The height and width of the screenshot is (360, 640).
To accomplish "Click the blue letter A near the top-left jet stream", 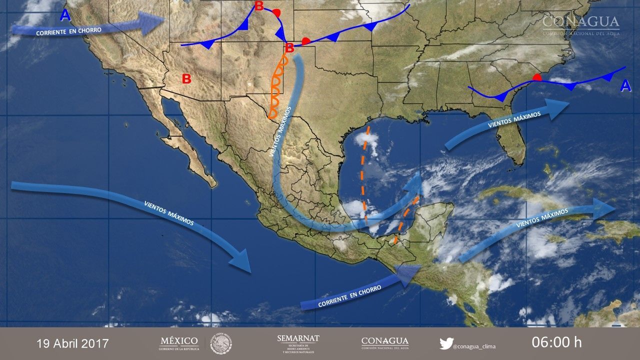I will pyautogui.click(x=65, y=15).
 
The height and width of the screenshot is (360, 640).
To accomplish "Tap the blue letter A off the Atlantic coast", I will pyautogui.click(x=625, y=86).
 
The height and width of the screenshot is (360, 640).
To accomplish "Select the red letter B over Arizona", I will pyautogui.click(x=186, y=78).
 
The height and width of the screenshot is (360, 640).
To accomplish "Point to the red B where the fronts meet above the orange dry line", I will pyautogui.click(x=289, y=48).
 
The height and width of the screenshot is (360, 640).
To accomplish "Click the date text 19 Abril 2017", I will pyautogui.click(x=72, y=343).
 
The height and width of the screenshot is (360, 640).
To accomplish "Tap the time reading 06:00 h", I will pyautogui.click(x=556, y=342).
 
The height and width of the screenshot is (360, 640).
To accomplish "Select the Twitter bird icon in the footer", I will pyautogui.click(x=446, y=343).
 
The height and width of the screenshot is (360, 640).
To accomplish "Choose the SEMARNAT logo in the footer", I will pyautogui.click(x=298, y=343).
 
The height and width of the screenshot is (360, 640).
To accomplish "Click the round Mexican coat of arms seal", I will pyautogui.click(x=221, y=343).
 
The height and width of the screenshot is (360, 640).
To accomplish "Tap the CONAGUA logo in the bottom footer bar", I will pyautogui.click(x=384, y=343).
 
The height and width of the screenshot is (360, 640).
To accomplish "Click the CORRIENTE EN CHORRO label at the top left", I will pyautogui.click(x=68, y=31).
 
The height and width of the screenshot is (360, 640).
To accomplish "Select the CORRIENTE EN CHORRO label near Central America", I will pyautogui.click(x=349, y=295).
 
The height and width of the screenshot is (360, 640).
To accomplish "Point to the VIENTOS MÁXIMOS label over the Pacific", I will pyautogui.click(x=168, y=212).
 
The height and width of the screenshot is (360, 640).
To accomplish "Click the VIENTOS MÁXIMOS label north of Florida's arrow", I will pyautogui.click(x=514, y=120).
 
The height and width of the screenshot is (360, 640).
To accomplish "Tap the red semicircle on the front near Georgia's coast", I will pyautogui.click(x=537, y=77).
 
